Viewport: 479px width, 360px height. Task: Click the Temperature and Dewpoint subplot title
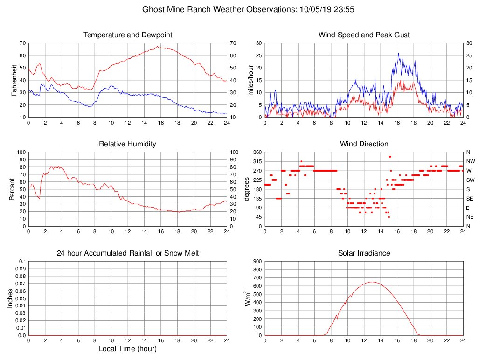[x=127, y=35]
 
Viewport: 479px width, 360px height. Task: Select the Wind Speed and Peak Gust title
[x=364, y=35]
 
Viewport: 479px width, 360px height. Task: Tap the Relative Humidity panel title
[x=127, y=144]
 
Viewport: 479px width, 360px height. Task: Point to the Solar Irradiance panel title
[x=364, y=253]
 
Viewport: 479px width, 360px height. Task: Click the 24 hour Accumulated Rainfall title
[x=127, y=253]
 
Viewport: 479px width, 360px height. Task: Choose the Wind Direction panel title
[x=364, y=144]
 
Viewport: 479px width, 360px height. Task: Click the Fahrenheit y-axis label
[x=14, y=80]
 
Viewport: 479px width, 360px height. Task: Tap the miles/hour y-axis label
[x=251, y=80]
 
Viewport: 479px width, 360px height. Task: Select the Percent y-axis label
[x=12, y=189]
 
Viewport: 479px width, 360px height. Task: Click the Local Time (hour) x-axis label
[x=127, y=348]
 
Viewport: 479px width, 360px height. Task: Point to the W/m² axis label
[x=249, y=298]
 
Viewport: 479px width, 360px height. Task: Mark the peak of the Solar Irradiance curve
[x=372, y=282]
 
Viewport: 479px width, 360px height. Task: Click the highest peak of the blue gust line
[x=398, y=53]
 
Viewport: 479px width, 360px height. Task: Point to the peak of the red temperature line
[x=158, y=46]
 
